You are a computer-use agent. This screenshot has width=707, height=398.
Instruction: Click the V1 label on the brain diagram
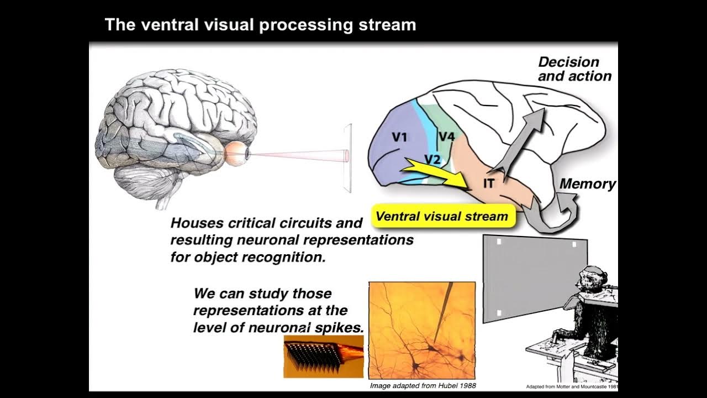[x=399, y=137]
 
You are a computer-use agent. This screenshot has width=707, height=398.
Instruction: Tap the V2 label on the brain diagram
[x=432, y=159]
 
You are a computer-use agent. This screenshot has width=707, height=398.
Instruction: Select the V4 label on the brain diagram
[x=446, y=136]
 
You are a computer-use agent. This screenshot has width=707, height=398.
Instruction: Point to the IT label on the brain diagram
[x=488, y=184]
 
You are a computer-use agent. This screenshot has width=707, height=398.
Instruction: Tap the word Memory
[x=588, y=184]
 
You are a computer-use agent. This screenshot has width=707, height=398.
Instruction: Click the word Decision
[x=568, y=62]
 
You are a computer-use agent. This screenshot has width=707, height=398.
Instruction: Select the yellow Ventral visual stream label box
[x=442, y=216]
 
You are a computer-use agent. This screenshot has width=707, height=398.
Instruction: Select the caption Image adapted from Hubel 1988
[x=423, y=385]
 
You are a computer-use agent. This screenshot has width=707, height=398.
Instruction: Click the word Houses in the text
[x=195, y=223]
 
